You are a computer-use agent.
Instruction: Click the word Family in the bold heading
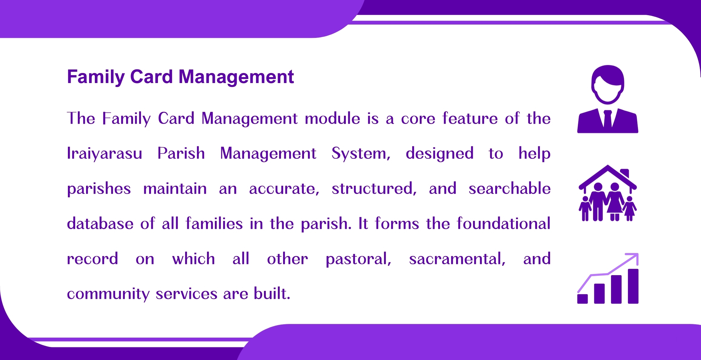[96, 77]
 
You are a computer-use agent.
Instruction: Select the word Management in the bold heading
[236, 77]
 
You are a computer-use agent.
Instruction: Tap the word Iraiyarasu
[105, 153]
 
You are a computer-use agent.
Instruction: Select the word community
[108, 294]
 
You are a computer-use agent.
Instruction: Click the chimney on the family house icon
[625, 173]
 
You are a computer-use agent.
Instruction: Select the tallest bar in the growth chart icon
[633, 286]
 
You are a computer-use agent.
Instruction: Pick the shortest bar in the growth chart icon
[582, 299]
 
